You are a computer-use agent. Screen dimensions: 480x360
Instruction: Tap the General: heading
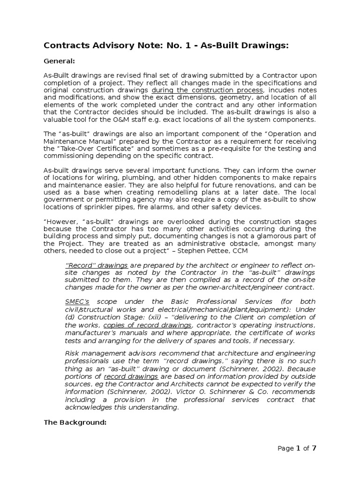tap(59, 61)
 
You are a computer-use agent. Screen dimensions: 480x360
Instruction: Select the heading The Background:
tap(75, 422)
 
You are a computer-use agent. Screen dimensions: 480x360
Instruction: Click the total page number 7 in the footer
tap(314, 448)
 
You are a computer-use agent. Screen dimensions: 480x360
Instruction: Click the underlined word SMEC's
tap(77, 301)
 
